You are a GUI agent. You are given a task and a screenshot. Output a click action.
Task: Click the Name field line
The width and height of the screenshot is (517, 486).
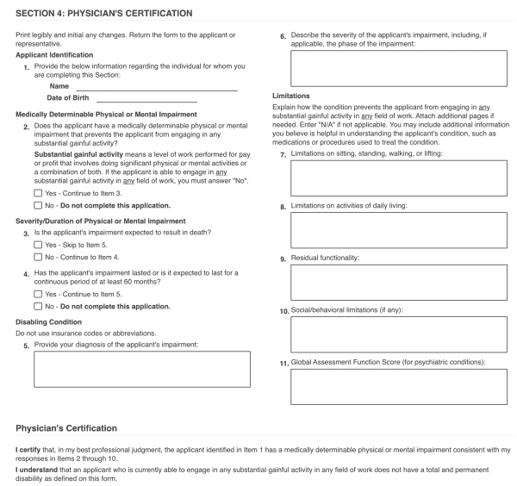[x=156, y=87]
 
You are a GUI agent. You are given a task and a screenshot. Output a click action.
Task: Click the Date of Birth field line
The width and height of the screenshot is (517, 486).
[x=166, y=100]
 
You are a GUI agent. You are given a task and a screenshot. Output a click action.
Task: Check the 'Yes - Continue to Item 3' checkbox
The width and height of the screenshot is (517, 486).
[x=38, y=193]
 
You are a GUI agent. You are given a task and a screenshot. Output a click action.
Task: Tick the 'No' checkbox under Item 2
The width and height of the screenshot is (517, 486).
[x=38, y=206]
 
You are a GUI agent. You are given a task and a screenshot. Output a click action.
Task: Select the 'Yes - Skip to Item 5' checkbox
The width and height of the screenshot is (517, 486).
[x=38, y=245]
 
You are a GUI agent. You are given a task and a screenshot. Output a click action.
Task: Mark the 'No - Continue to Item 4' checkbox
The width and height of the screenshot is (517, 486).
[x=38, y=257]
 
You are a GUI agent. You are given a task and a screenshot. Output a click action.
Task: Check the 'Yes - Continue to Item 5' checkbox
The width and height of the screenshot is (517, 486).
[x=38, y=294]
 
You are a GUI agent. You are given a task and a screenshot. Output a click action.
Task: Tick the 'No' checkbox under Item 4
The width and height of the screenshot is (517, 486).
[x=38, y=306]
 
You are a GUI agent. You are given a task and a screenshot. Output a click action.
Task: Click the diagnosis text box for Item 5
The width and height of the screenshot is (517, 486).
[x=142, y=369]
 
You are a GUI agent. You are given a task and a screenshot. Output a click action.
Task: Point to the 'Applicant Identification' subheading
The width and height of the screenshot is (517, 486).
[x=55, y=55]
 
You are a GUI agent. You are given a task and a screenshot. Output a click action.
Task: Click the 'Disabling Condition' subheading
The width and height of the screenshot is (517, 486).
[x=48, y=322]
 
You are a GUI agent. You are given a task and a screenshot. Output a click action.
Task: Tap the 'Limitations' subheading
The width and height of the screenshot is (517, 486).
[x=290, y=95]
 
